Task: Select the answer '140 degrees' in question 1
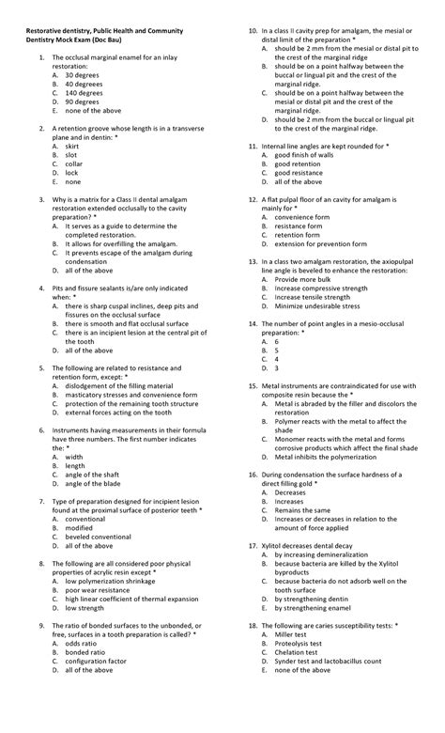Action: pos(84,92)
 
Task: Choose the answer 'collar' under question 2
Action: pos(76,164)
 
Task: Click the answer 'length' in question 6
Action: pos(75,465)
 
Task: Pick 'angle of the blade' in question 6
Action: pos(94,483)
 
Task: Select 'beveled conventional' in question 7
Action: pos(99,536)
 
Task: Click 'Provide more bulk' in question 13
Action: pos(303,279)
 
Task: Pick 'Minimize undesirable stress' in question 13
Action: pos(317,305)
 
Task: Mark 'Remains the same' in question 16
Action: pos(302,509)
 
